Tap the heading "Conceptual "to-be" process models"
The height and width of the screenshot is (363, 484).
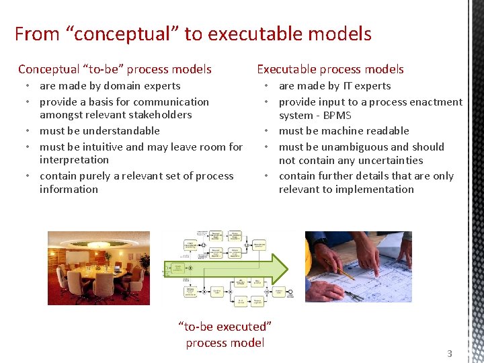(x=115, y=69)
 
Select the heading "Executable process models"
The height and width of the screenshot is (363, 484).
(x=330, y=69)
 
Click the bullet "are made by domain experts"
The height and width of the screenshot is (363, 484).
(x=110, y=86)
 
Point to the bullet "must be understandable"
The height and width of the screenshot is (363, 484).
(x=99, y=131)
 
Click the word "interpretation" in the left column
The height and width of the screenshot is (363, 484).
(x=74, y=160)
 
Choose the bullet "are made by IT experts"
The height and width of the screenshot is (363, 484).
(x=334, y=86)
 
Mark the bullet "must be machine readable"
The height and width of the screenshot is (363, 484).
(x=344, y=131)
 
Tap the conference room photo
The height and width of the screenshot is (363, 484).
(x=98, y=267)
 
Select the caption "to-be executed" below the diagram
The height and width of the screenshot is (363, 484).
(x=225, y=327)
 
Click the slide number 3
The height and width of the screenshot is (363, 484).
(x=450, y=354)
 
